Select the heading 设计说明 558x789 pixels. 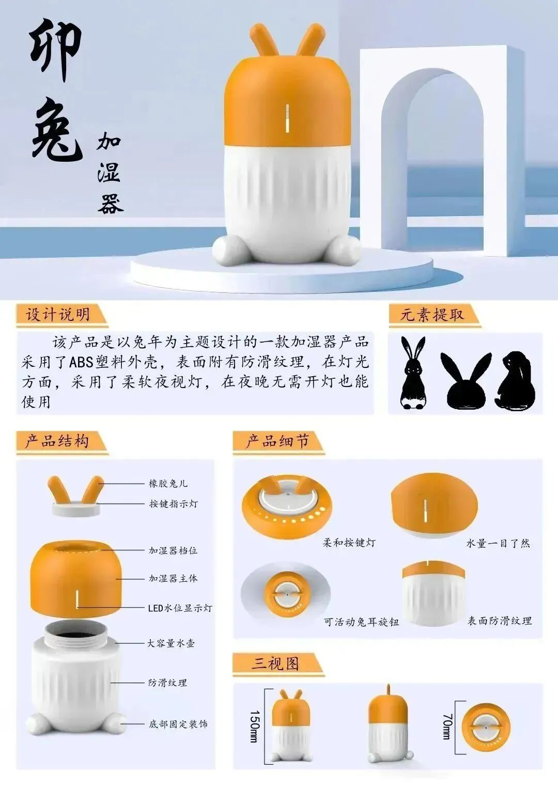point(58,314)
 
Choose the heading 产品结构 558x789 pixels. point(57,441)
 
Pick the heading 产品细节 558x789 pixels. point(277,441)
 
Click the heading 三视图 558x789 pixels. point(275,663)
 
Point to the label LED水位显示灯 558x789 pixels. point(180,608)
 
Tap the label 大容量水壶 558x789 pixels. point(171,643)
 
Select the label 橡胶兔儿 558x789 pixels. point(168,484)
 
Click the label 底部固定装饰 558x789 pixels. point(178,724)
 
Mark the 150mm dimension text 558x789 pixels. point(254,726)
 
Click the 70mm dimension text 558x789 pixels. point(447,726)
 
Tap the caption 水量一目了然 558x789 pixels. point(498,543)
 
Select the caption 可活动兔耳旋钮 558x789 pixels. point(361,622)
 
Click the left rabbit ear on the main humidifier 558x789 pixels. point(263,40)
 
